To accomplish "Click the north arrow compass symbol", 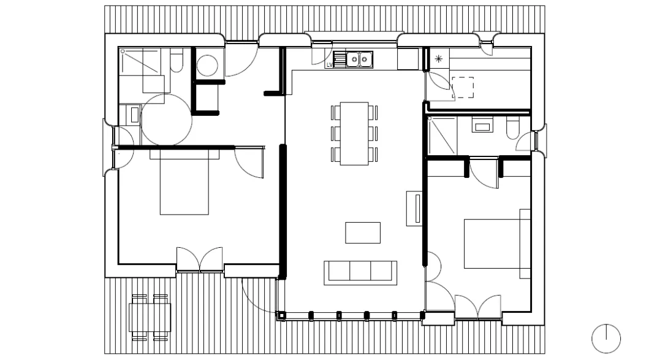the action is tap(606, 339).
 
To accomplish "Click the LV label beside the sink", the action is tap(329, 65).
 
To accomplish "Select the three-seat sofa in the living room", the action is tap(360, 273).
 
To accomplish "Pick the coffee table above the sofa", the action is tap(363, 232).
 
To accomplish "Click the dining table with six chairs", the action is tap(354, 134).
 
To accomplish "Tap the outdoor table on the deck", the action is tap(150, 318).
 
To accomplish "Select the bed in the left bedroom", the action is tap(184, 182).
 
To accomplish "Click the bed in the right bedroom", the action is tap(497, 243).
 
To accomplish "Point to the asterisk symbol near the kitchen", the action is tap(439, 59).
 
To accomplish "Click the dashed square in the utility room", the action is tap(463, 88).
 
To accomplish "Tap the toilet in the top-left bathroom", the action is tap(176, 60).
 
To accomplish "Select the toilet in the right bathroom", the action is tap(513, 128).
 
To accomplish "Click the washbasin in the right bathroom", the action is tap(482, 125).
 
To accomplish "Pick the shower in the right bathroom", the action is tap(442, 136).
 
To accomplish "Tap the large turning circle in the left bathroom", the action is tap(166, 120).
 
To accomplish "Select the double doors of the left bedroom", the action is tap(199, 259).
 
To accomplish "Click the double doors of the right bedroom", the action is tap(478, 307).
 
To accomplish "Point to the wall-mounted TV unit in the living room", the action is tap(414, 208).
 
